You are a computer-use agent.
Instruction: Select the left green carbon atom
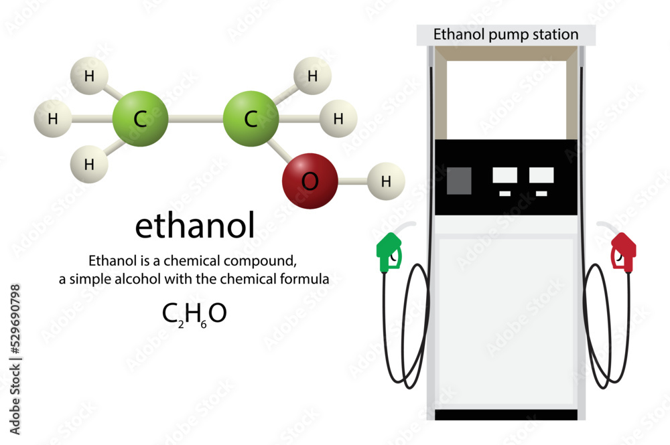coord(139,119)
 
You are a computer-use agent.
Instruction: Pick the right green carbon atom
coord(251,119)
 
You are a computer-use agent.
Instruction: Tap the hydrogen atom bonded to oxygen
coord(386,181)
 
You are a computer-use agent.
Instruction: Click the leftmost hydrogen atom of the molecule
coord(52,119)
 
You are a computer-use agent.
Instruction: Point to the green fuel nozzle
coord(388,253)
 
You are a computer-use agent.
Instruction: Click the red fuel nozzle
coord(623,252)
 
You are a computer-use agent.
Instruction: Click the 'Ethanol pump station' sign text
coord(506,34)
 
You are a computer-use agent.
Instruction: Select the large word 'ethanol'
coord(195,226)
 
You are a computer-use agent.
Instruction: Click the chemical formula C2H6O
coord(194,313)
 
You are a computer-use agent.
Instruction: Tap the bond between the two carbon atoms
coord(195,119)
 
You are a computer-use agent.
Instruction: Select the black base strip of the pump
coord(506,415)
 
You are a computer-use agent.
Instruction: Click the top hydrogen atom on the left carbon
coord(89,76)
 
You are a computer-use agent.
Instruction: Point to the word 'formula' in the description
coord(305,280)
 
